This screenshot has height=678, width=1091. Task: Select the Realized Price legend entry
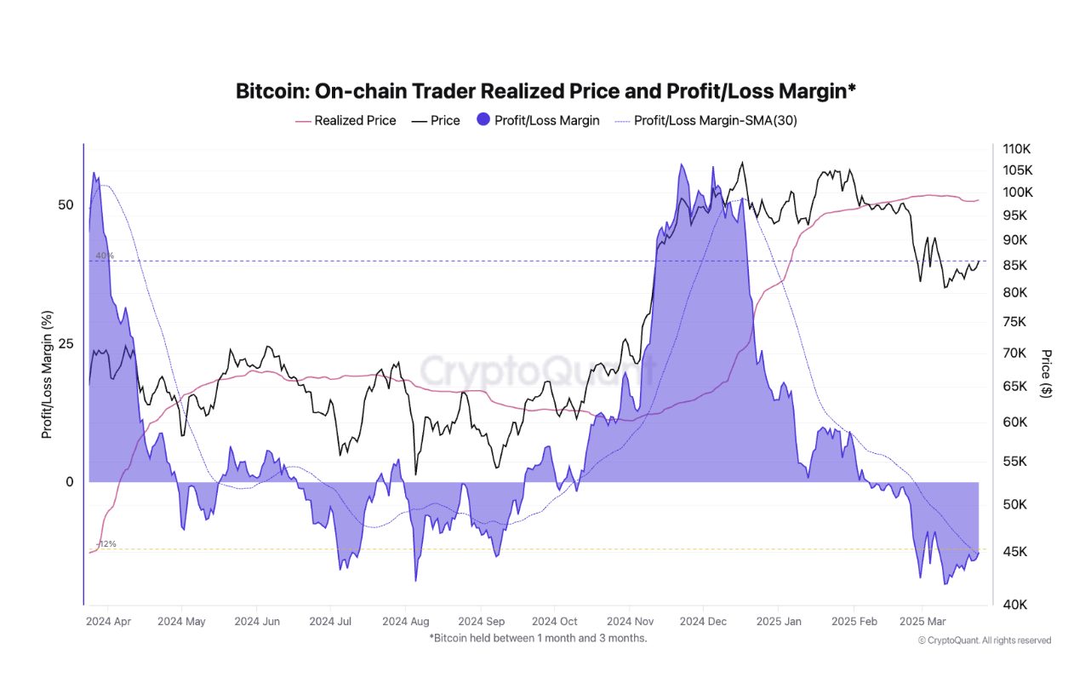(355, 121)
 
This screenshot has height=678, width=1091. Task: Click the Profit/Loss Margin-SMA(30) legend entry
(715, 121)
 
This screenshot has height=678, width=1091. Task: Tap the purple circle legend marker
(483, 121)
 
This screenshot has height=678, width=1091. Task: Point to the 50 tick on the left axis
(66, 205)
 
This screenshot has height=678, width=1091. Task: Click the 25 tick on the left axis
(66, 344)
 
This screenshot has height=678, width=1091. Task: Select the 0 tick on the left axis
(70, 482)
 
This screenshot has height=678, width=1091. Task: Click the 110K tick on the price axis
(1016, 149)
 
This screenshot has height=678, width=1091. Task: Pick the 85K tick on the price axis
(1014, 266)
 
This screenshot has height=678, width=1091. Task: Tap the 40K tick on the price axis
(1014, 605)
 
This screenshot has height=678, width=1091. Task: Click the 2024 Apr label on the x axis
(108, 622)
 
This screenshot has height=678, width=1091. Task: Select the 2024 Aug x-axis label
(406, 622)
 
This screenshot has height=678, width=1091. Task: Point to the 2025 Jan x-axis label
(780, 622)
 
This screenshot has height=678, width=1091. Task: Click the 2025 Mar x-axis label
(922, 622)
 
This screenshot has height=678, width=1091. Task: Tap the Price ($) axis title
(1047, 373)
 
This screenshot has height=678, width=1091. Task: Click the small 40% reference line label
(104, 256)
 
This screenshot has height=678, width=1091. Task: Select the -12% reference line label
(106, 544)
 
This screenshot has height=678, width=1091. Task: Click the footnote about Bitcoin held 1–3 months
(538, 638)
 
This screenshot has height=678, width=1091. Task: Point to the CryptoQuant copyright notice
(985, 641)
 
